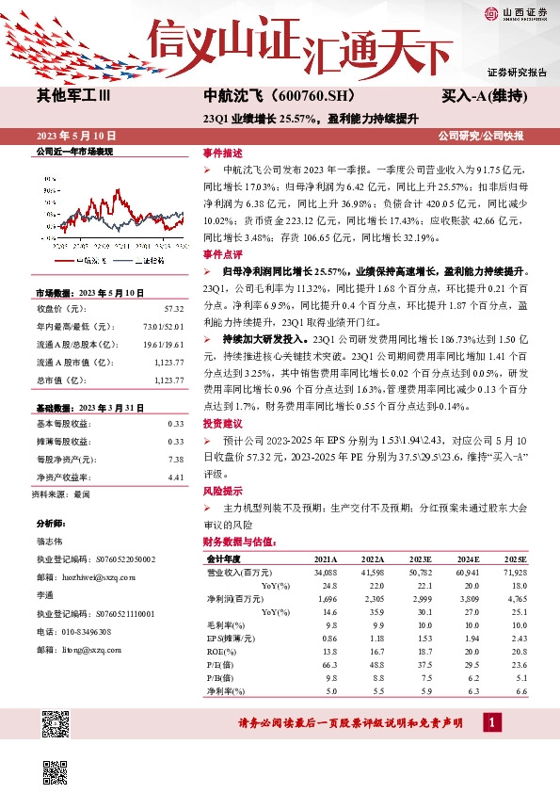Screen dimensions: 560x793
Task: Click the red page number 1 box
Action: point(490,722)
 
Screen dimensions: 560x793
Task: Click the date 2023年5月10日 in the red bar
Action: point(75,136)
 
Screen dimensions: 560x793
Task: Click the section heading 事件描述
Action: point(222,154)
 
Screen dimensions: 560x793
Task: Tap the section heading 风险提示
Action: point(222,491)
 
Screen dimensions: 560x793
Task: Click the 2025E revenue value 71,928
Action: point(515,572)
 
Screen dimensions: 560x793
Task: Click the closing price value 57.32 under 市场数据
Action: point(173,308)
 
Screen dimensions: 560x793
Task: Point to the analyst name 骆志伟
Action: point(51,542)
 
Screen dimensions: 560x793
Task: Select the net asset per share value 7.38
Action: point(175,459)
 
